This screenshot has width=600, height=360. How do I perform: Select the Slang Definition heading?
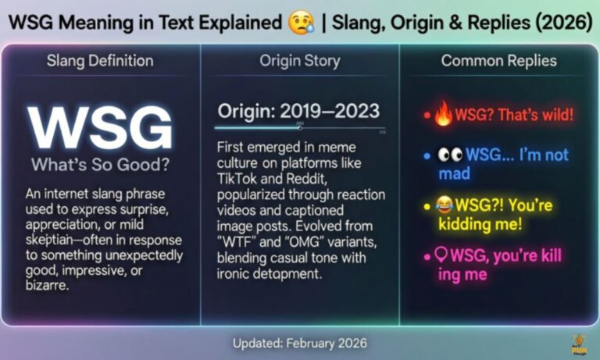coord(101,60)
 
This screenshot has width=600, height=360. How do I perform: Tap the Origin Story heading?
coord(300,60)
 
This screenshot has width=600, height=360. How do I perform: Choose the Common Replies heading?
coord(498,60)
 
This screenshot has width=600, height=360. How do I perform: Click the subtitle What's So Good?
coord(101,165)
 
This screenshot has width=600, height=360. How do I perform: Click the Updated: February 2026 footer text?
coord(300,343)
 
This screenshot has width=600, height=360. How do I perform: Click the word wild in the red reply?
coord(555,116)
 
